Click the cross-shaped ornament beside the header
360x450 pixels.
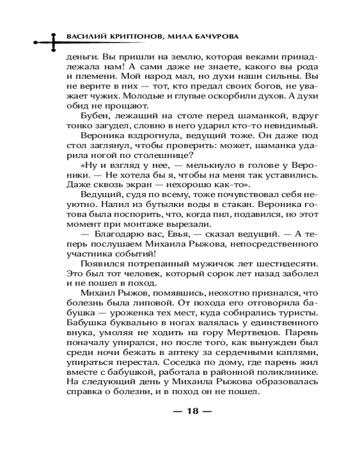coord(53,43)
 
